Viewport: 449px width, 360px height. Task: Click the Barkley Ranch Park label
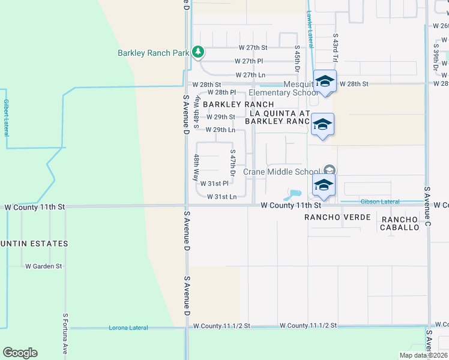[x=153, y=53]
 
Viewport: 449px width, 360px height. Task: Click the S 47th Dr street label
[x=232, y=160]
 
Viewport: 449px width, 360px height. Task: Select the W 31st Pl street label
[x=214, y=184]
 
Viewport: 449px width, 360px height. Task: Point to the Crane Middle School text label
[x=280, y=172]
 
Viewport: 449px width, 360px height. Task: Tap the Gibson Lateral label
[x=380, y=202]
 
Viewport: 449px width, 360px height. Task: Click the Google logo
[x=20, y=352]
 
